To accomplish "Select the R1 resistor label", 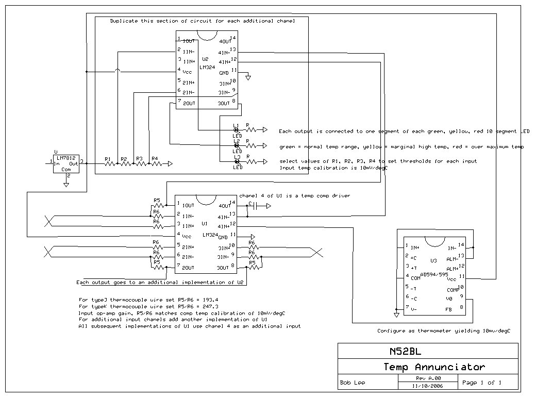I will pyautogui.click(x=107, y=159).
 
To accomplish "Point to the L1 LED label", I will pyautogui.click(x=236, y=125).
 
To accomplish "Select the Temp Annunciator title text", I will pyautogui.click(x=434, y=367).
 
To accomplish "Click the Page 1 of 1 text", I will pyautogui.click(x=482, y=383).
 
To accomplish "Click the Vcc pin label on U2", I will pyautogui.click(x=187, y=72).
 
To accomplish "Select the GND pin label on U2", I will pyautogui.click(x=224, y=73).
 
